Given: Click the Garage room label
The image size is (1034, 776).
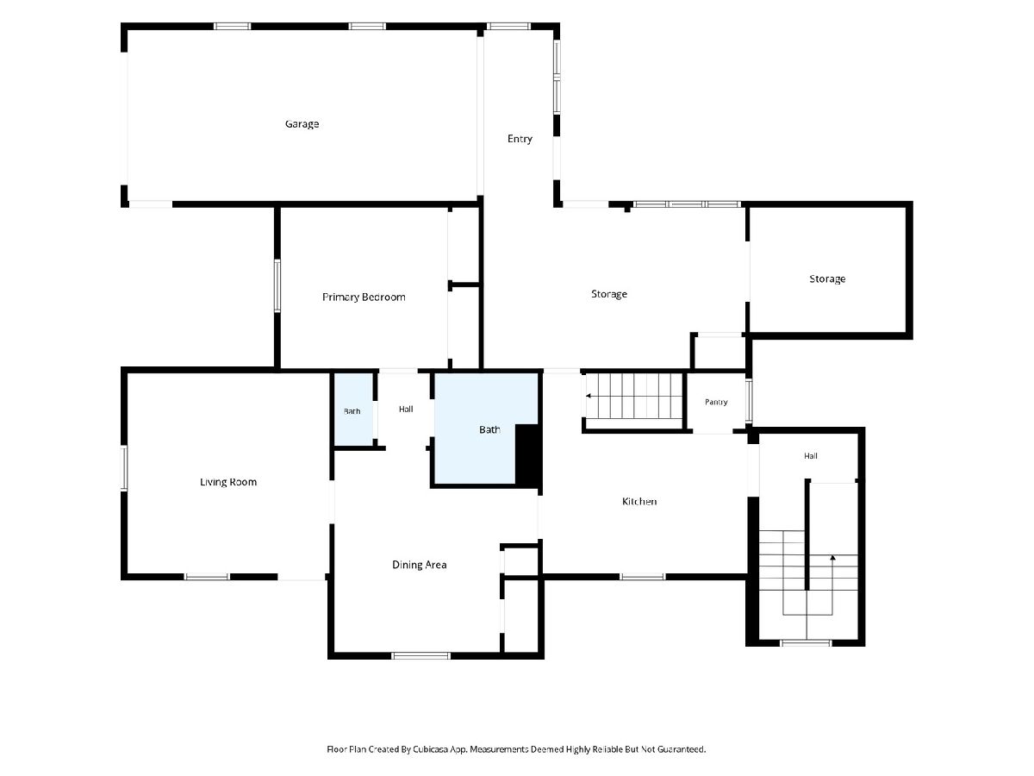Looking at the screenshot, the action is point(302,124).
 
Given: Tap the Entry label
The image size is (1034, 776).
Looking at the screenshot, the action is point(520,139).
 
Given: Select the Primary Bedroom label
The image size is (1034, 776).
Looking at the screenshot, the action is point(364,297).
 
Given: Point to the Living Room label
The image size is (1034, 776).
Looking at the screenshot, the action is point(228,482).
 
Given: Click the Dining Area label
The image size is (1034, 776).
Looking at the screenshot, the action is point(420,565).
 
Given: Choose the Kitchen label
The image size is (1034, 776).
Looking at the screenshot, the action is point(639,501).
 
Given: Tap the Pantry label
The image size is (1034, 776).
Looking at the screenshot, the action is point(716,402).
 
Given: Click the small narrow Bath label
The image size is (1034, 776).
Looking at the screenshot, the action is point(352,411).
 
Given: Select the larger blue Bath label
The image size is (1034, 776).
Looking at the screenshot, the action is point(489,429).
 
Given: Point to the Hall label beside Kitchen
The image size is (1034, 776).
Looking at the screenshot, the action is point(811,455).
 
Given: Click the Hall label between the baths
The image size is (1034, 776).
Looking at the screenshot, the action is point(406,409).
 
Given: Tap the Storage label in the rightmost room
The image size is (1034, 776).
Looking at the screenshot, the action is point(827,278).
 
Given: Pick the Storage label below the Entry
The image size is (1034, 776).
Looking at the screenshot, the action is point(609,294).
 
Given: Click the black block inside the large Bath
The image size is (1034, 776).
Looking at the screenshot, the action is point(527,454).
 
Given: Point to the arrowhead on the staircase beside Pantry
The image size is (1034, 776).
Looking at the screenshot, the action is point(589,396).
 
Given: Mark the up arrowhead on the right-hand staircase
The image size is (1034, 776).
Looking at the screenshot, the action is point(832,558).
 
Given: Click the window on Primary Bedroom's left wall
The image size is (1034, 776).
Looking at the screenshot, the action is point(277,286).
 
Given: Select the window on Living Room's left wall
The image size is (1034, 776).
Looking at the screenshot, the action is point(124,468).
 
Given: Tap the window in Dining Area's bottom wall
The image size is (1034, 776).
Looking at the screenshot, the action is point(421,655).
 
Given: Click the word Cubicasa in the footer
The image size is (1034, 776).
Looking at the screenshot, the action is point(430,749).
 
